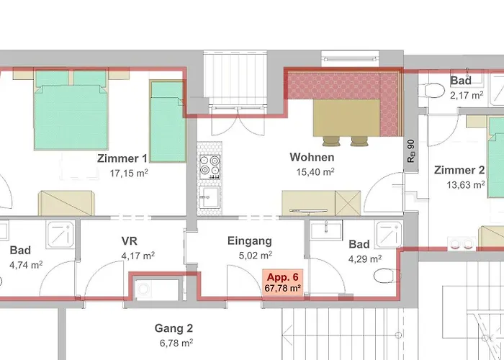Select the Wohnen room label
pos(312,157)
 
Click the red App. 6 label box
pos(283,282)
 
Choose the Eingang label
pos(249,240)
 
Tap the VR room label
pos(130,240)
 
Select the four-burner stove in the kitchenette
pos(209,168)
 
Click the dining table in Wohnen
pos(346,117)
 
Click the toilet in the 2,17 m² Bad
pos(433,91)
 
